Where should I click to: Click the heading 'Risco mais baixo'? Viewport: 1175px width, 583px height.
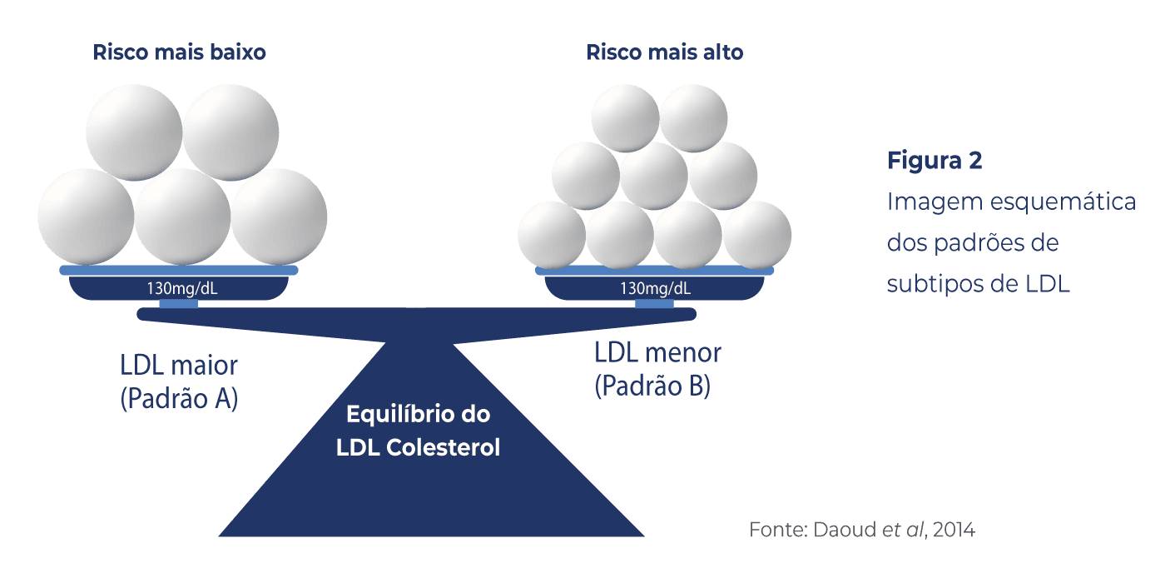[x=179, y=52]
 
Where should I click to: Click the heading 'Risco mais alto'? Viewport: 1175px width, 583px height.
[x=664, y=52]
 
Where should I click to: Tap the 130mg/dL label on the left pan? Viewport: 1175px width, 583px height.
[x=179, y=289]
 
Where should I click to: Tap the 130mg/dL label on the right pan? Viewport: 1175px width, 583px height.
[x=655, y=289]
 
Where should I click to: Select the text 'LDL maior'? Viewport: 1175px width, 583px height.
[x=179, y=366]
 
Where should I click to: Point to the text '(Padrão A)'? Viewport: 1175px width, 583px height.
[x=179, y=399]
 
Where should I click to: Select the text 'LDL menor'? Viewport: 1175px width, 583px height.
[x=657, y=352]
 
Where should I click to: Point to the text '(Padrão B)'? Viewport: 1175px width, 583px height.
[x=652, y=386]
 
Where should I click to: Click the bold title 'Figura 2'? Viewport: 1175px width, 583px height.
[x=935, y=161]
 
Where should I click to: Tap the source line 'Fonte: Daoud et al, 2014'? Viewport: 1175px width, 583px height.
[x=861, y=529]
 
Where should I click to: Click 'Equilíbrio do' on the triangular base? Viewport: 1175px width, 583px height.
[x=418, y=414]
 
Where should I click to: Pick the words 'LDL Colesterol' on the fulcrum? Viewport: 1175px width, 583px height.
[x=418, y=447]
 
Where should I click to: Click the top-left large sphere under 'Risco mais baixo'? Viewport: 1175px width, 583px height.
[x=134, y=132]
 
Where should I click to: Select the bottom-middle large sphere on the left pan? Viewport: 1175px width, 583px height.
[x=182, y=216]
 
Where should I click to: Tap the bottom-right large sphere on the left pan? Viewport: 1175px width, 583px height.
[x=279, y=216]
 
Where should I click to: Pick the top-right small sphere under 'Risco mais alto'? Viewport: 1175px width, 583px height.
[x=693, y=118]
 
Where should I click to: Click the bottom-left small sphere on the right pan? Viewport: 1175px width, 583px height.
[x=552, y=235]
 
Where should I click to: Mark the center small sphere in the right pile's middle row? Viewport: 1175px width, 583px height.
[x=654, y=175]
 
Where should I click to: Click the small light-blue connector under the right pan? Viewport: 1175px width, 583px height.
[x=654, y=304]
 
